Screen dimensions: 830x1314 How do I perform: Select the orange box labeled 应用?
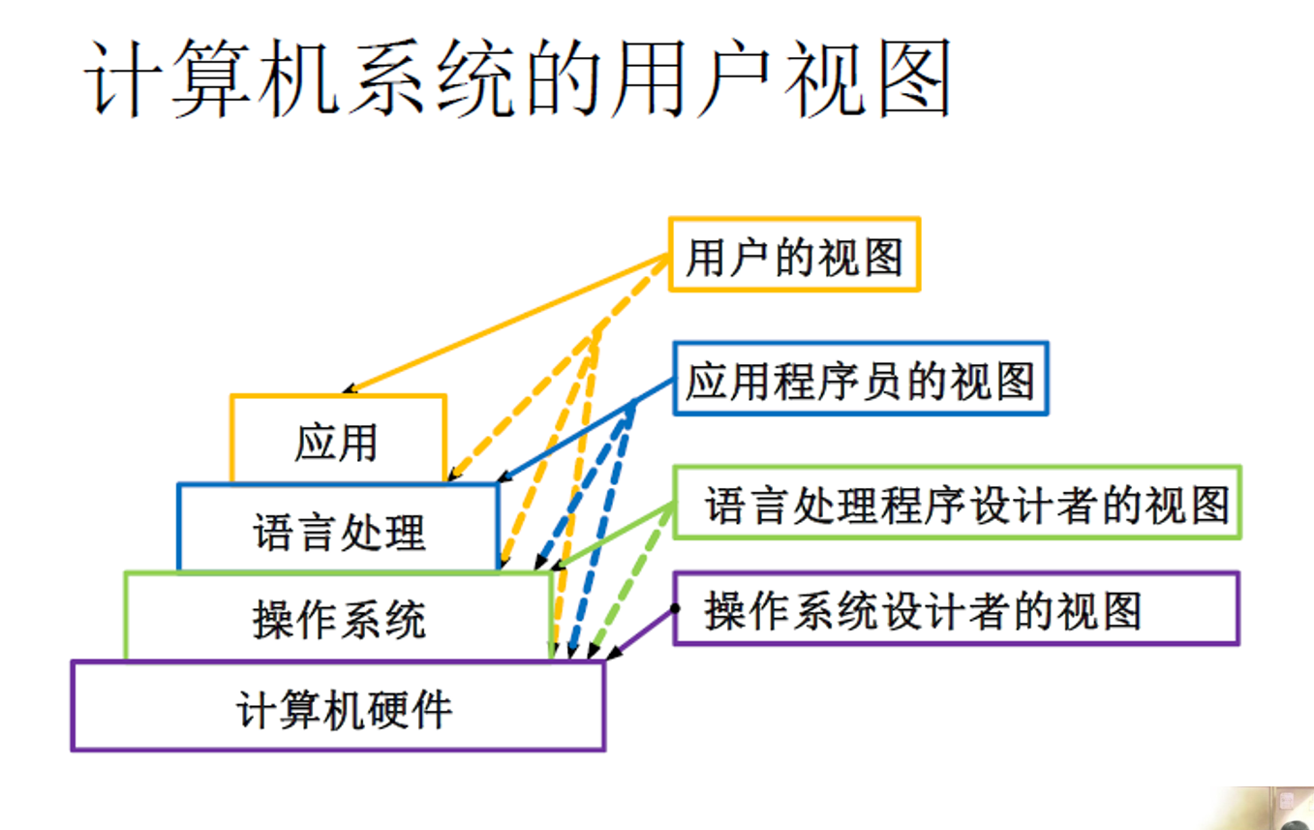(337, 443)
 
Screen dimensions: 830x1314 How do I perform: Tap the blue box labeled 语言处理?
(339, 532)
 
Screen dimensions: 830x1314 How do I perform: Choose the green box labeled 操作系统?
(339, 619)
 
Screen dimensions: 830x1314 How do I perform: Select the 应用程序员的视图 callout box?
(860, 379)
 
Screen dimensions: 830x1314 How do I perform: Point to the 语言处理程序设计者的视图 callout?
(957, 504)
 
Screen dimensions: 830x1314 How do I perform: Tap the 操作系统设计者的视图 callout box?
(957, 609)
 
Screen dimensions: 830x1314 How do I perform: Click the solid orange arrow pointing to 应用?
(504, 323)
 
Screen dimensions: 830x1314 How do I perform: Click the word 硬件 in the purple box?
(416, 709)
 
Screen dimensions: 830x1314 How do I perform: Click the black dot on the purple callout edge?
(675, 609)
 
